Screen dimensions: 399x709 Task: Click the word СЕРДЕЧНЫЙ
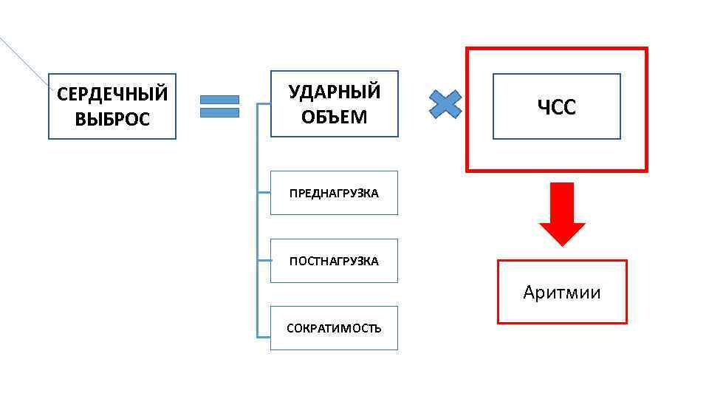(x=112, y=95)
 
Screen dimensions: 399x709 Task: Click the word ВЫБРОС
(x=112, y=118)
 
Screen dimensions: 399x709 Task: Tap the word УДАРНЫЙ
(x=335, y=92)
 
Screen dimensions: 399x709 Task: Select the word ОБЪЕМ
(x=335, y=116)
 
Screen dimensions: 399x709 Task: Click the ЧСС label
(x=556, y=108)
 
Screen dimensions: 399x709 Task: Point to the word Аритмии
(x=562, y=293)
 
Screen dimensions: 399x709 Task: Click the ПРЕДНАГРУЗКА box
(x=334, y=193)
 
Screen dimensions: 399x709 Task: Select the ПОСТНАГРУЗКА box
(x=334, y=261)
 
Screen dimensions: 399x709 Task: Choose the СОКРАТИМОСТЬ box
(x=334, y=328)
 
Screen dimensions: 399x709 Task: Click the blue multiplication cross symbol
(x=445, y=104)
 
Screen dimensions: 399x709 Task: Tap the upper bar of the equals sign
(x=220, y=99)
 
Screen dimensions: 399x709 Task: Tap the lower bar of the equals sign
(x=220, y=112)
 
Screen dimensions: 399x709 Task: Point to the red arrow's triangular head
(x=562, y=233)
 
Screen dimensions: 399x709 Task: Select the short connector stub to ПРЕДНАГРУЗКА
(x=264, y=193)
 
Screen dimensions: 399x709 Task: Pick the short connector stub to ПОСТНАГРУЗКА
(x=264, y=261)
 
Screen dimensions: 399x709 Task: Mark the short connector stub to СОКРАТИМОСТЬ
(x=264, y=336)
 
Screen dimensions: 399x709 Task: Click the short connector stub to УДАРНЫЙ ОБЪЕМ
(x=264, y=104)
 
